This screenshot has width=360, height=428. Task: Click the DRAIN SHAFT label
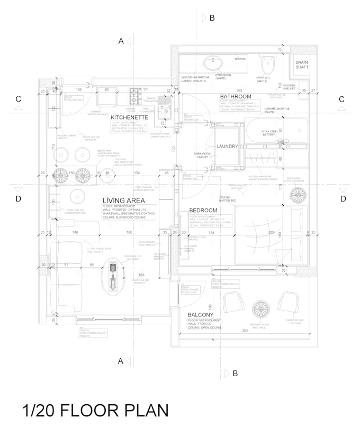click(302, 65)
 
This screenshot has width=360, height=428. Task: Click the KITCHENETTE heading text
click(129, 116)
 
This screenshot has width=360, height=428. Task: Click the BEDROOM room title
click(203, 211)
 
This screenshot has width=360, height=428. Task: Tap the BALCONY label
click(201, 315)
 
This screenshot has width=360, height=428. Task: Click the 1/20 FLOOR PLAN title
click(95, 410)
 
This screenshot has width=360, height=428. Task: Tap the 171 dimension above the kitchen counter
click(146, 89)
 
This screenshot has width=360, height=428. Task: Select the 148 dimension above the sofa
click(75, 232)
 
